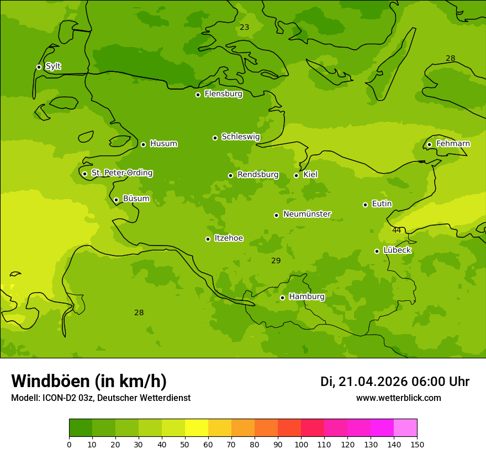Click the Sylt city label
53,66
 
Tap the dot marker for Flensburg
198,95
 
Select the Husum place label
163,144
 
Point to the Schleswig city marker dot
215,138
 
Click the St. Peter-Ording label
121,173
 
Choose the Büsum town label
136,199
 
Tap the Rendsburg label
258,175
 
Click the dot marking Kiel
296,175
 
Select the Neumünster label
307,214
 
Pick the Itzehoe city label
229,238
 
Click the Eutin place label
382,204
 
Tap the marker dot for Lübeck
377,251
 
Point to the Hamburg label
307,297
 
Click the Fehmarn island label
453,144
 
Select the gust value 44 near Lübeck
397,230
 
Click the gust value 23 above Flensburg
245,27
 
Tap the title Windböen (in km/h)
89,381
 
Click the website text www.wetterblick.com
398,398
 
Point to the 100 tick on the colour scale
301,444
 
